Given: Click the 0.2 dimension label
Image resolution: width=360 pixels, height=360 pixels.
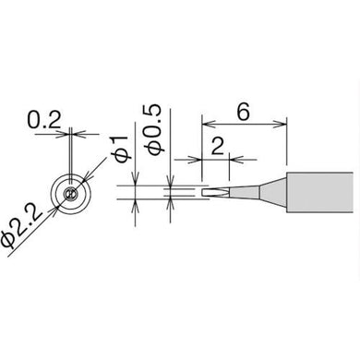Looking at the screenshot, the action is [44, 120].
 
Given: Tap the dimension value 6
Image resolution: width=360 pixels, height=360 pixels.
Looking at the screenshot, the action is [243, 112].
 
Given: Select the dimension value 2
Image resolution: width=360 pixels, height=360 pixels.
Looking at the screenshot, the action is [218, 146].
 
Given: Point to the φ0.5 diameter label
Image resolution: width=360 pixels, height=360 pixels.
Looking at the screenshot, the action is [155, 129].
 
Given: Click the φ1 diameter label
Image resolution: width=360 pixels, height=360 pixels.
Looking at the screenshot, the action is [121, 148].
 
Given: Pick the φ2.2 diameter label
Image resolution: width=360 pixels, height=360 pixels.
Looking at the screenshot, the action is [20, 226].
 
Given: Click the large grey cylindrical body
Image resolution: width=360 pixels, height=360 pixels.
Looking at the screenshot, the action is [319, 192].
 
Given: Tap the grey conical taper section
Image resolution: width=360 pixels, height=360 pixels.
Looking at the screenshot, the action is [273, 193].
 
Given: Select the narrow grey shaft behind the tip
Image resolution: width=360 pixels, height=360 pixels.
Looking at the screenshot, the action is [245, 193].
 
